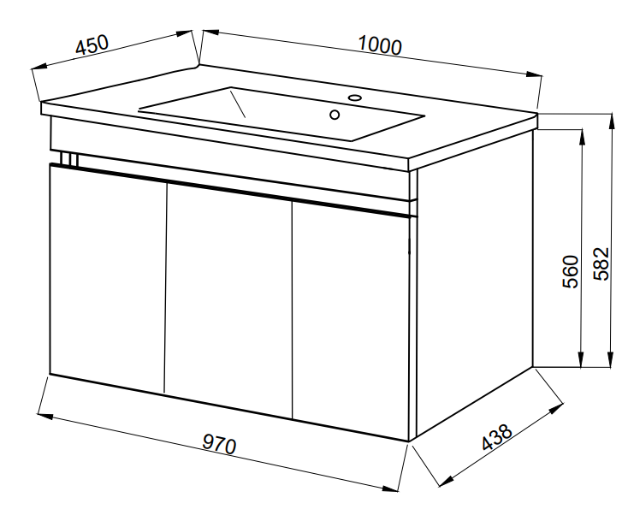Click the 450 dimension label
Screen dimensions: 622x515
click(x=92, y=44)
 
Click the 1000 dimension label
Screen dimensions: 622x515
click(x=380, y=45)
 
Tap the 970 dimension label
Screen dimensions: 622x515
click(x=219, y=444)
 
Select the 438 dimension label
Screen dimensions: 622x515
click(x=496, y=437)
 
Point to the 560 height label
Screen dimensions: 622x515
click(x=571, y=271)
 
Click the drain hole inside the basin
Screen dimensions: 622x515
click(x=335, y=115)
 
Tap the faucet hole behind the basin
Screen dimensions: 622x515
click(x=354, y=97)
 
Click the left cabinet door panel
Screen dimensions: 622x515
click(x=108, y=278)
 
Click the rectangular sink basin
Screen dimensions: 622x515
click(x=281, y=114)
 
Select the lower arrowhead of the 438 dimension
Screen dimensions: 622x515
click(x=446, y=482)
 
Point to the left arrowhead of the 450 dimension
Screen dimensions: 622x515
click(x=39, y=67)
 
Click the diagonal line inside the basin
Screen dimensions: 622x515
click(x=237, y=104)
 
